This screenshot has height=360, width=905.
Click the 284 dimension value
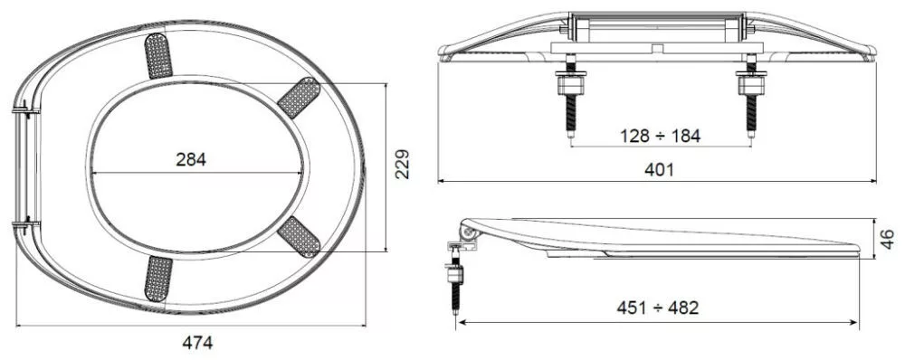[190, 160]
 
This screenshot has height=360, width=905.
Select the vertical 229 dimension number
[403, 165]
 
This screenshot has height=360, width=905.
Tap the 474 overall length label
[197, 343]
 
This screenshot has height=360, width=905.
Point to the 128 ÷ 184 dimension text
[661, 137]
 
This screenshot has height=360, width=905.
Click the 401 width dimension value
[659, 170]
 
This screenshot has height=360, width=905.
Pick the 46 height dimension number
[888, 238]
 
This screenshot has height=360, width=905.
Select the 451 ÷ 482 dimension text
[657, 308]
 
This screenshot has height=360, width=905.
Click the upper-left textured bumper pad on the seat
[157, 55]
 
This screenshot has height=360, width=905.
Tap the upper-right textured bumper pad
[299, 97]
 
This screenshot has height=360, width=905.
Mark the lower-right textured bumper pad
[299, 237]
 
